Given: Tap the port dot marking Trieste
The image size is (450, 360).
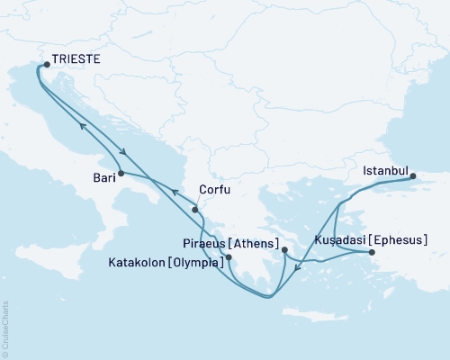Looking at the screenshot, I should click(47, 64).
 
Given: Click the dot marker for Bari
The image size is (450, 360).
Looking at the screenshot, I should click(120, 172).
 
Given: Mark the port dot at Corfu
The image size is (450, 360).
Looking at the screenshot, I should click(194, 210).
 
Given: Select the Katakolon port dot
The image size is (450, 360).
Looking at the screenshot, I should click(229, 257).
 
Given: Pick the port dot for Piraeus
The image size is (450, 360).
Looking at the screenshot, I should click(283, 249).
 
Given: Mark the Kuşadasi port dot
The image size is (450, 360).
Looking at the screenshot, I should click(373, 253).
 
